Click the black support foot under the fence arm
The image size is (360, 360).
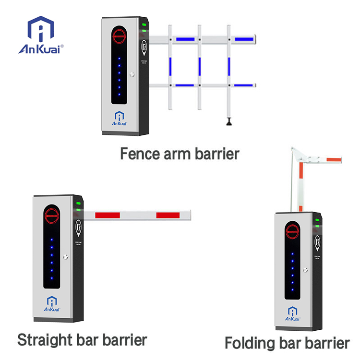(229, 123)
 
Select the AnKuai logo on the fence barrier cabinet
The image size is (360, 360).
(119, 117)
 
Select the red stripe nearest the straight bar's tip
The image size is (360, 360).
(168, 215)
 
